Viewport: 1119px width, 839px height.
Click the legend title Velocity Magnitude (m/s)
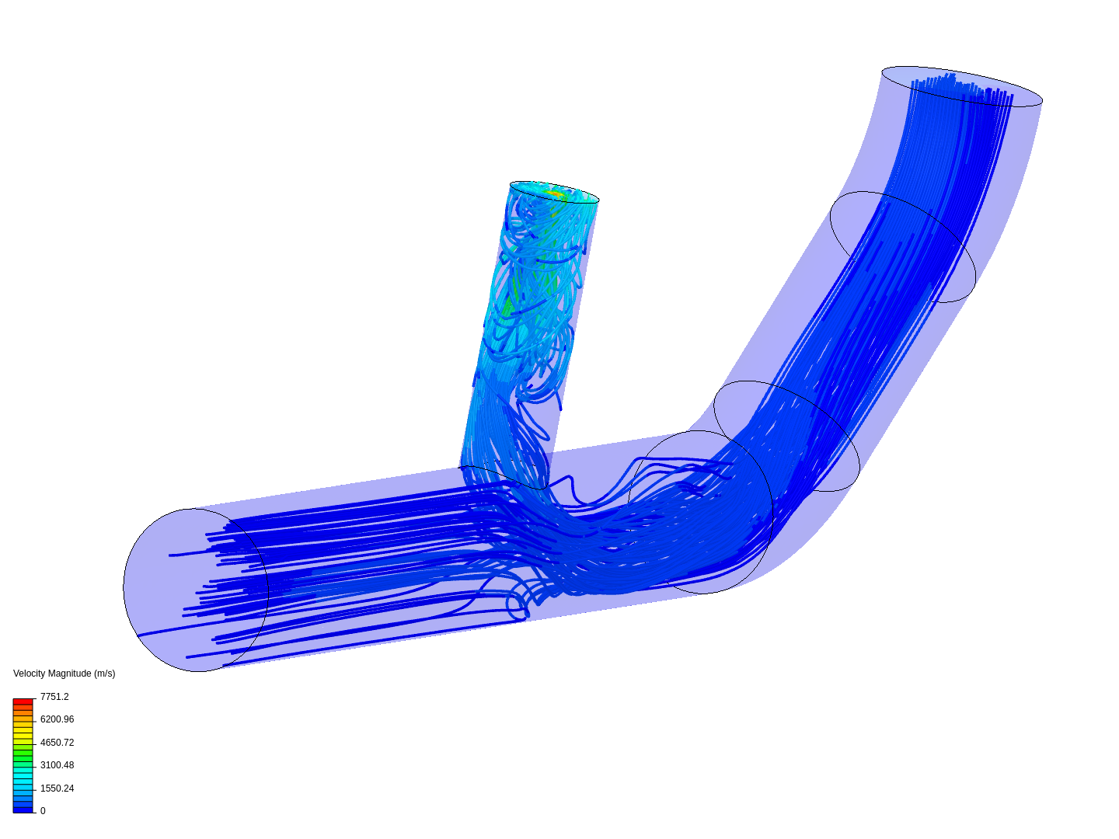coord(64,674)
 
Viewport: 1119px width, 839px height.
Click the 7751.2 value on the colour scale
coord(54,697)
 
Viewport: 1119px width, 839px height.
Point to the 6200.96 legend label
coord(57,719)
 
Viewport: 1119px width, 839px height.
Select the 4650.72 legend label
coord(57,743)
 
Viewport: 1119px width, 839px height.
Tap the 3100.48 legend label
coord(57,765)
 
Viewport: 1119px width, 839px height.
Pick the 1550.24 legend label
coord(57,789)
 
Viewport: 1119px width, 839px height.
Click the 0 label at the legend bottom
coord(43,811)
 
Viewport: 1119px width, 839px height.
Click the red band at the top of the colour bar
coord(23,702)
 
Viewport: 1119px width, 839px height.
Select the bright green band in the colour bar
coord(23,753)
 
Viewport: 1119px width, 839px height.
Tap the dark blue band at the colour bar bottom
coord(23,809)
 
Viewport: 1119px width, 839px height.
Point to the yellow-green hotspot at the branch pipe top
coord(555,193)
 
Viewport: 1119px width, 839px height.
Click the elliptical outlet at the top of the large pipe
coord(961,86)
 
